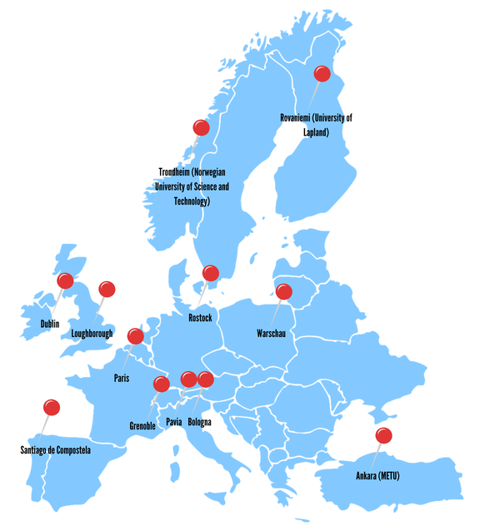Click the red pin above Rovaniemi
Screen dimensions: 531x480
322,74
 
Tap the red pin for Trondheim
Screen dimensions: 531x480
201,127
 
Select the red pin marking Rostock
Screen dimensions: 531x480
211,273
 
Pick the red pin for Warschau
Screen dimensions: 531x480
284,291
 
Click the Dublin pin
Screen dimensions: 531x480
65,281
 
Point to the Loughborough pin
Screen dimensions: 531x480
107,289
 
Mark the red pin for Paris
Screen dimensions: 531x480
135,336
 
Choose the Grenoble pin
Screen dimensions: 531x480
162,384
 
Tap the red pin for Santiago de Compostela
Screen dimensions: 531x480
52,407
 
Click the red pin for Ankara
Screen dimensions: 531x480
383,435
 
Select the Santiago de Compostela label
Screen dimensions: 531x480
55,450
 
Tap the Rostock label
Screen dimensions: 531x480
201,318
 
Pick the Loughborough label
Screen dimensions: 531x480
92,334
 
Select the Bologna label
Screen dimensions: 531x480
200,422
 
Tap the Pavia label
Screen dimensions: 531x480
173,422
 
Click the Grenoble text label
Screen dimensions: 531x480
142,426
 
